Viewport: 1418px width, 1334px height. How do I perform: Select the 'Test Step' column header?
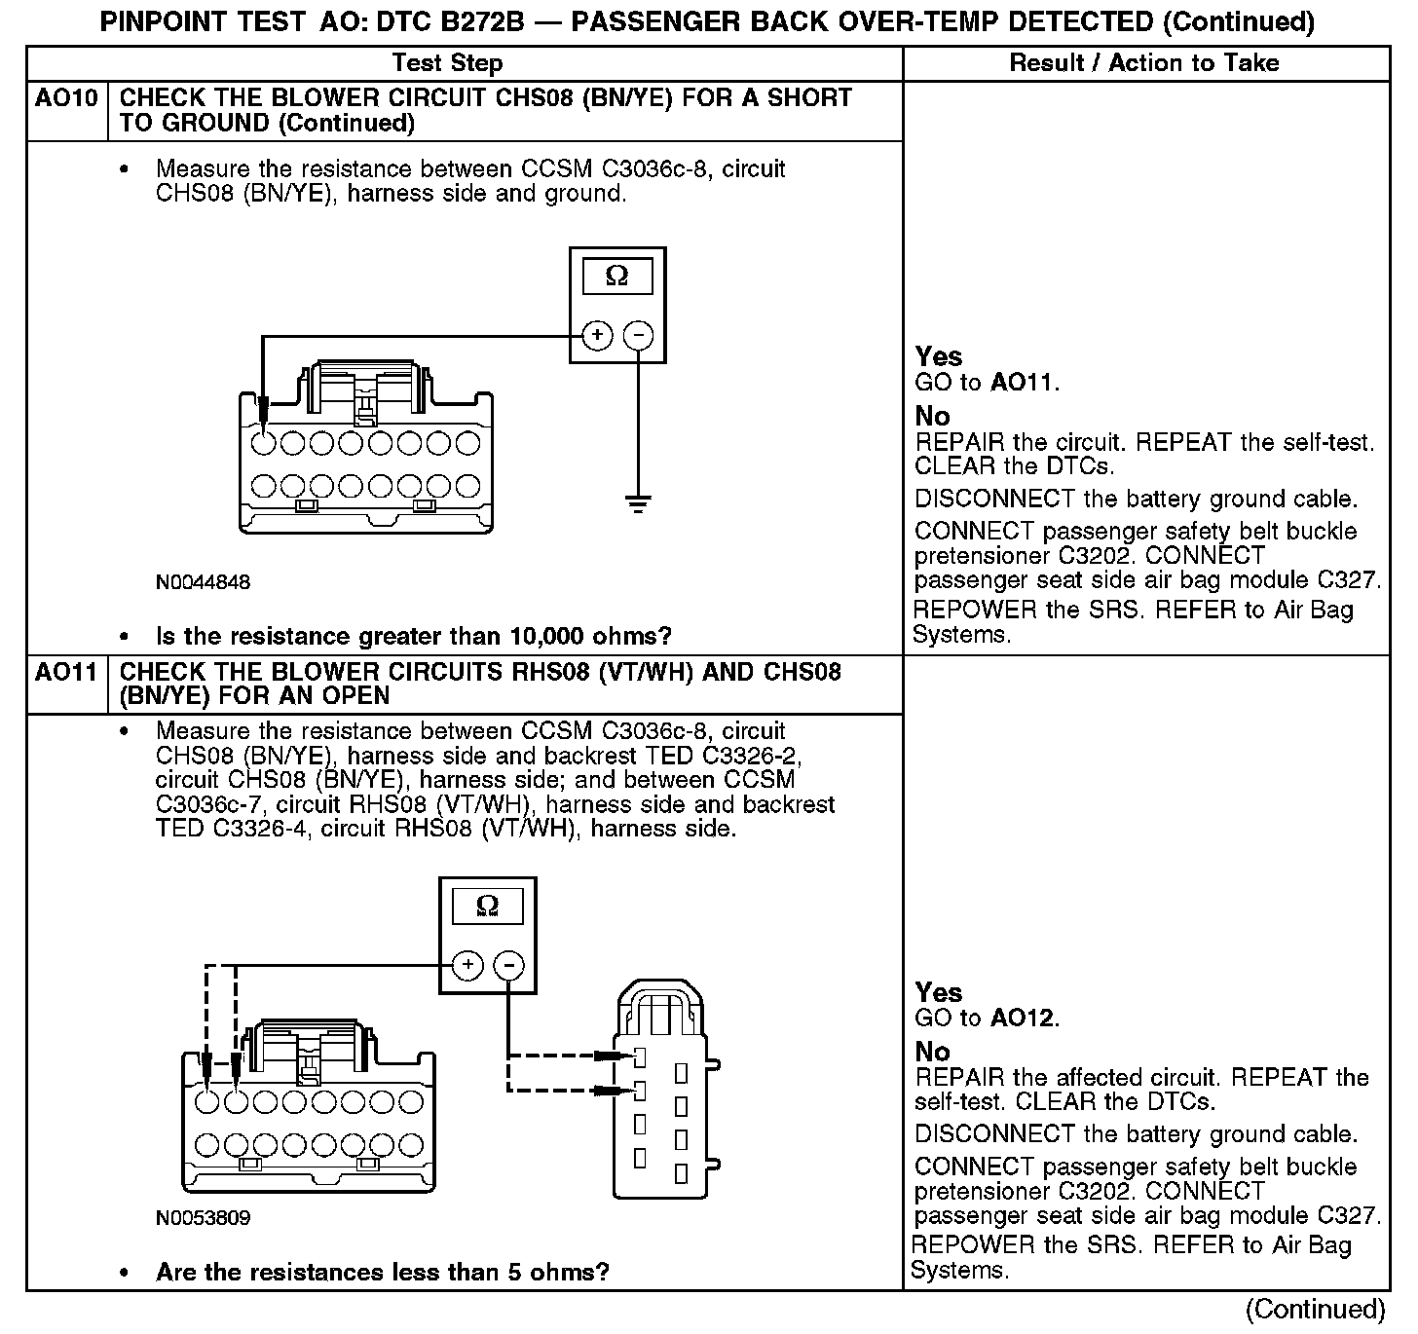pyautogui.click(x=447, y=63)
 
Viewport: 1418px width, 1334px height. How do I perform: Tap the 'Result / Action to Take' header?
pyautogui.click(x=1144, y=63)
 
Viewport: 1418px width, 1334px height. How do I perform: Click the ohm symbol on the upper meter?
pyautogui.click(x=617, y=277)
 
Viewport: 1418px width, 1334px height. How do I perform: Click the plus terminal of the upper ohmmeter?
pyautogui.click(x=597, y=336)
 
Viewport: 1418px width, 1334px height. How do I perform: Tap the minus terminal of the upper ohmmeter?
pyautogui.click(x=638, y=336)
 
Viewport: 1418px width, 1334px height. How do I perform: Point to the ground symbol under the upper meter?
pyautogui.click(x=638, y=504)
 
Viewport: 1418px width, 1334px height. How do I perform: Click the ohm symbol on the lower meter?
pyautogui.click(x=487, y=907)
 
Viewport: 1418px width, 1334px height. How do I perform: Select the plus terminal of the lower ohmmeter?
pyautogui.click(x=467, y=965)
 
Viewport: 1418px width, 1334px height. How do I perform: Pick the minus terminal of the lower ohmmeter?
pyautogui.click(x=508, y=965)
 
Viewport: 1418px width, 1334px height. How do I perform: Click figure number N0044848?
pyautogui.click(x=203, y=582)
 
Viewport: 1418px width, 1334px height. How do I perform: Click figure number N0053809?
pyautogui.click(x=203, y=1218)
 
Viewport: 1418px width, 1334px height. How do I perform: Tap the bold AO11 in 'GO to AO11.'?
pyautogui.click(x=1022, y=383)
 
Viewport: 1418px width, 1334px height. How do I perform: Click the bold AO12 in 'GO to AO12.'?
pyautogui.click(x=1022, y=1019)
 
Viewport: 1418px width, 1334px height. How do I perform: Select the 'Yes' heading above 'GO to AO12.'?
pyautogui.click(x=939, y=992)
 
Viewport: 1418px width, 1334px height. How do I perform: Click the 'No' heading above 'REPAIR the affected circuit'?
pyautogui.click(x=932, y=1052)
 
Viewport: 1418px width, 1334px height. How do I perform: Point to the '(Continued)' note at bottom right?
pyautogui.click(x=1315, y=1309)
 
